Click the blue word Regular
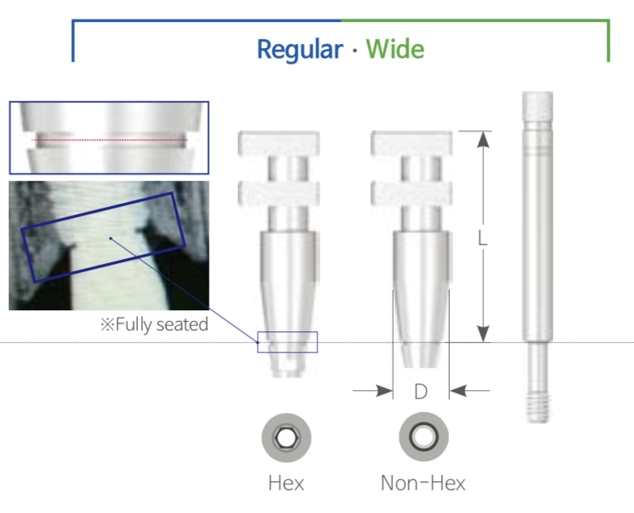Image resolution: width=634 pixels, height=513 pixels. click(x=300, y=50)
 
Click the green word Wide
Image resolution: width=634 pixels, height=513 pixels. click(x=395, y=49)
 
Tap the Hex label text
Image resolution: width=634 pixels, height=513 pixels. click(x=286, y=483)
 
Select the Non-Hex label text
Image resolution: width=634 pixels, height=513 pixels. click(x=423, y=483)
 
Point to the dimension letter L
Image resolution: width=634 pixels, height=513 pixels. click(x=482, y=238)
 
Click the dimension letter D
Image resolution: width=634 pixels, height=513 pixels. click(x=421, y=392)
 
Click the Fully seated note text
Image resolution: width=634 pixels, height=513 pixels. click(x=155, y=324)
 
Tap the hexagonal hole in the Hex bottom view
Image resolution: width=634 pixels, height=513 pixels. click(x=286, y=437)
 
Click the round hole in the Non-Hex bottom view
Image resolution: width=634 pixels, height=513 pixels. click(x=423, y=436)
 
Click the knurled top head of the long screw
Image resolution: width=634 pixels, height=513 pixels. click(x=537, y=106)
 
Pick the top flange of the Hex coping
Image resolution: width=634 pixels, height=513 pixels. click(x=279, y=143)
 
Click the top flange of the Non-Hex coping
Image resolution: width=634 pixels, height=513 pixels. click(x=412, y=143)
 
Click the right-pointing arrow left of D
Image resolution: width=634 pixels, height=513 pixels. click(x=372, y=391)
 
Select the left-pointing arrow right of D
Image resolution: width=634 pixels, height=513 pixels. click(x=469, y=391)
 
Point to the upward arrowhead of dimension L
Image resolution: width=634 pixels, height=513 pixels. click(x=483, y=139)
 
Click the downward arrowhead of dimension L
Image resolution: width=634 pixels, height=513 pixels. click(x=483, y=334)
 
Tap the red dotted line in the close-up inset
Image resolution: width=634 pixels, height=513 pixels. click(x=109, y=140)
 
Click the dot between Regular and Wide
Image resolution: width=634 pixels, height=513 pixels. click(x=354, y=50)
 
